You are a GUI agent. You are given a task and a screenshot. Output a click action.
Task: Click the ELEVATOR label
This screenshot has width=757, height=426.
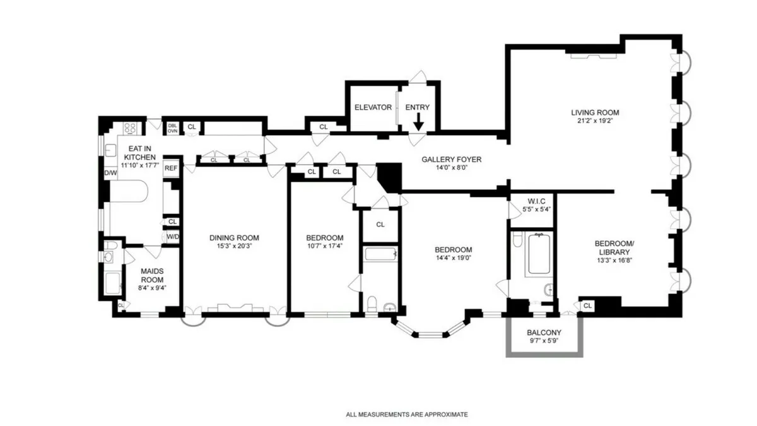pos(373,107)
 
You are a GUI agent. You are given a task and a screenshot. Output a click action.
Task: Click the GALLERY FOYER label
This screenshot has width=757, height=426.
pos(451,160)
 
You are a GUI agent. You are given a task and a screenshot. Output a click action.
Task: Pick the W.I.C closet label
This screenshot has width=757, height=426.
pos(531,201)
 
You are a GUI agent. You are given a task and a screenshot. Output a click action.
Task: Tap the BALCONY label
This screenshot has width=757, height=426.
pos(544,333)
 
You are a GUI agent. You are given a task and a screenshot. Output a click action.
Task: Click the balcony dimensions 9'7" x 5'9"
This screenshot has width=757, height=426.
pos(544,341)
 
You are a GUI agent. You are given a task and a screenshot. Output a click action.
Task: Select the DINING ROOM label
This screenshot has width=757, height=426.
pos(234,238)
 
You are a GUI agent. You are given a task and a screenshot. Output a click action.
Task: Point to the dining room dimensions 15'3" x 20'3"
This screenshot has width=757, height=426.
pos(234,247)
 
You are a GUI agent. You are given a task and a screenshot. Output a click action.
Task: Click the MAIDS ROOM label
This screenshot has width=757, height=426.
pos(152,275)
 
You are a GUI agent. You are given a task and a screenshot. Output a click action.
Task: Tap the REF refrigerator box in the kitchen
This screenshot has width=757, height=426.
pos(171,168)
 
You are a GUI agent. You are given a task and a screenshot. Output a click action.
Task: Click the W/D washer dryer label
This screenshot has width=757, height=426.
pos(172,237)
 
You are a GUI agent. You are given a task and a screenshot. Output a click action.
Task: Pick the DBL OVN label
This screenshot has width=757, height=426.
pos(172,127)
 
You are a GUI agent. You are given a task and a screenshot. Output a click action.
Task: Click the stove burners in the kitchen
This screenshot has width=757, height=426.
pos(130,128)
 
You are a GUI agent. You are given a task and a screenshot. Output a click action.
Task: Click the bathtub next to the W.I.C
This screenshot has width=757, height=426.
pos(538,254)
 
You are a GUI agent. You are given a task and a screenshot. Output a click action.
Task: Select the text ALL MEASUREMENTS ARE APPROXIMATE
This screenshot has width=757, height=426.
pos(407,415)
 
